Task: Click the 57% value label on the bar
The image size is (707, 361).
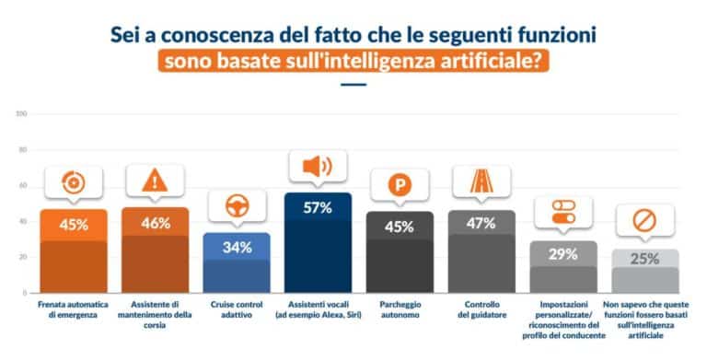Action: [x=319, y=208]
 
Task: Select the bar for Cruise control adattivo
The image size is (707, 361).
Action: [x=237, y=264]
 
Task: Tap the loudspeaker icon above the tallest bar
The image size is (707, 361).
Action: [x=319, y=167]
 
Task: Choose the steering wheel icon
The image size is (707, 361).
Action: [x=237, y=206]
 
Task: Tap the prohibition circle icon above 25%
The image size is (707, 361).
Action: [x=644, y=221]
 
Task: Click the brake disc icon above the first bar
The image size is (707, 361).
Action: [x=73, y=182]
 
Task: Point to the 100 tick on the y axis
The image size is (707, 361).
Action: [x=21, y=114]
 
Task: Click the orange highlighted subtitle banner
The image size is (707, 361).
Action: [x=353, y=63]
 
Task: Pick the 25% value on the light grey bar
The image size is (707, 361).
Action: [x=644, y=259]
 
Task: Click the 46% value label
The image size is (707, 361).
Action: [x=155, y=223]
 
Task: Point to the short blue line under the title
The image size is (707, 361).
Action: [x=353, y=86]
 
